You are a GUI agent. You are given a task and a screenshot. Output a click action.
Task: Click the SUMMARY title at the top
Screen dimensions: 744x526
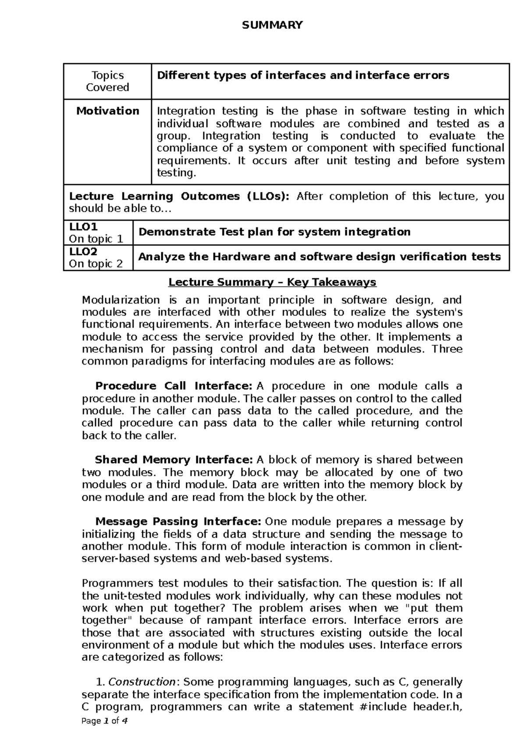click(x=272, y=25)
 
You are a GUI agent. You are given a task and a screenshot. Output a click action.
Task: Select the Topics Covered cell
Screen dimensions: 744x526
click(x=107, y=81)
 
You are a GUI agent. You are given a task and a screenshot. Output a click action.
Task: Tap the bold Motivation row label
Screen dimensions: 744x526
click(x=108, y=111)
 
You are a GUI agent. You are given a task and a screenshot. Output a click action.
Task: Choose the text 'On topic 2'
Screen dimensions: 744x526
click(x=96, y=264)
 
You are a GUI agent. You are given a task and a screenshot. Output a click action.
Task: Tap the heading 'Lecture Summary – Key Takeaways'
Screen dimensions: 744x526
click(x=272, y=282)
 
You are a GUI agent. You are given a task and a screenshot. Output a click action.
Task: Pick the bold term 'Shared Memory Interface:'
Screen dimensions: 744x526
click(x=174, y=460)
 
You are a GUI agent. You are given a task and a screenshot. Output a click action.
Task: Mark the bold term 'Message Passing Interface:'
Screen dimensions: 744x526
click(x=178, y=522)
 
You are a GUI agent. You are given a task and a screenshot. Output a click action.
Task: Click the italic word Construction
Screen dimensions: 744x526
click(x=142, y=682)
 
